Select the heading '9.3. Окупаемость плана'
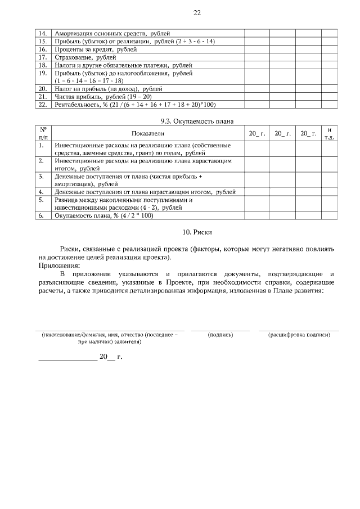point(197,121)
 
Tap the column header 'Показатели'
point(148,134)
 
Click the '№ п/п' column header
point(43,134)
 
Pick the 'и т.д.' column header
point(330,134)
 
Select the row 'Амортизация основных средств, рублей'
point(112,34)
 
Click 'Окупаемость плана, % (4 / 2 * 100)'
point(104,215)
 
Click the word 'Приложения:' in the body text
point(59,265)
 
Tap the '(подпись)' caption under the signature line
point(220,335)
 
